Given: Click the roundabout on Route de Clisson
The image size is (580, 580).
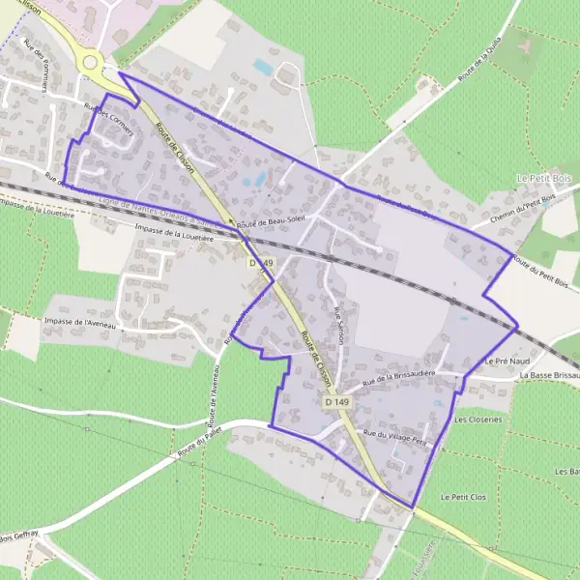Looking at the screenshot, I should [91, 62].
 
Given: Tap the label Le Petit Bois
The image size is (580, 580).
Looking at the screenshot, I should [544, 179].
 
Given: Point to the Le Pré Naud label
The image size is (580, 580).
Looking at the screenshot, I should [502, 360].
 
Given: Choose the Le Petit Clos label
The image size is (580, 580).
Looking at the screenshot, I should [463, 497].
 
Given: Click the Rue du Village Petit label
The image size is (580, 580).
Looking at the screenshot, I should [394, 436].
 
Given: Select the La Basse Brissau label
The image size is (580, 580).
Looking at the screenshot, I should [548, 375].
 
